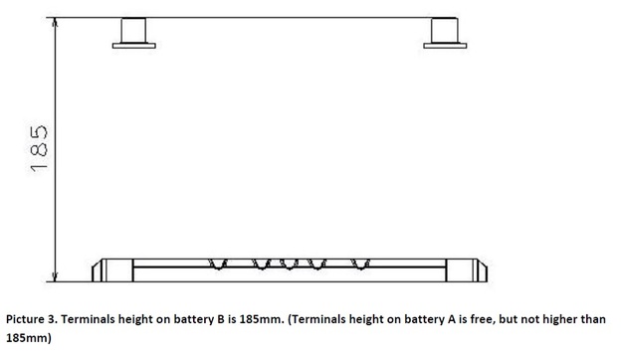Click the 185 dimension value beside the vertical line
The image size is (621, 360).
pyautogui.click(x=40, y=147)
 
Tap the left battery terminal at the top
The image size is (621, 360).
pyautogui.click(x=133, y=32)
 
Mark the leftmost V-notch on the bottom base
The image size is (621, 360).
pyautogui.click(x=217, y=264)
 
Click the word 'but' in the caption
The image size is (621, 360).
pyautogui.click(x=490, y=320)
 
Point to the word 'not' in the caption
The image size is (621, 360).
pyautogui.click(x=517, y=320)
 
